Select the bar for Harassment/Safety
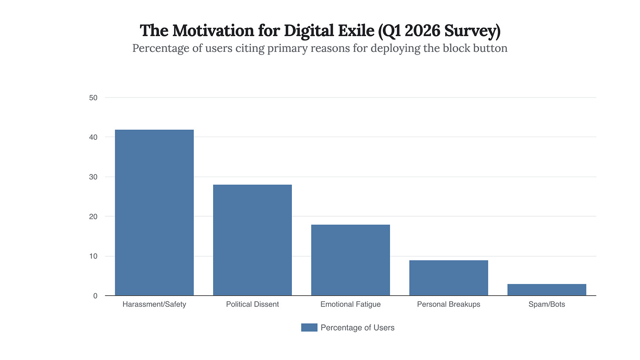click(x=154, y=213)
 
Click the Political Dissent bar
click(x=252, y=240)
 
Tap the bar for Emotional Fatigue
click(x=350, y=260)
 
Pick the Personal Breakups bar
click(x=448, y=278)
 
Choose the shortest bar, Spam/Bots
click(x=546, y=290)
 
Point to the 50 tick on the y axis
click(x=93, y=98)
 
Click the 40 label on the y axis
click(x=93, y=137)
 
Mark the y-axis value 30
click(x=93, y=177)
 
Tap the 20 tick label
click(x=93, y=216)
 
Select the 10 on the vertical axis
click(x=93, y=256)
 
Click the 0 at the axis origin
click(x=95, y=296)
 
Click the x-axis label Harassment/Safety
click(x=154, y=304)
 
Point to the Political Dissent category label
click(x=252, y=304)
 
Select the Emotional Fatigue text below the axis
click(x=350, y=304)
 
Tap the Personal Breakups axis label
click(x=448, y=304)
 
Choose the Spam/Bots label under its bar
click(x=546, y=304)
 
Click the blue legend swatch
click(x=309, y=327)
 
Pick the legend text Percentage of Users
click(x=357, y=327)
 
